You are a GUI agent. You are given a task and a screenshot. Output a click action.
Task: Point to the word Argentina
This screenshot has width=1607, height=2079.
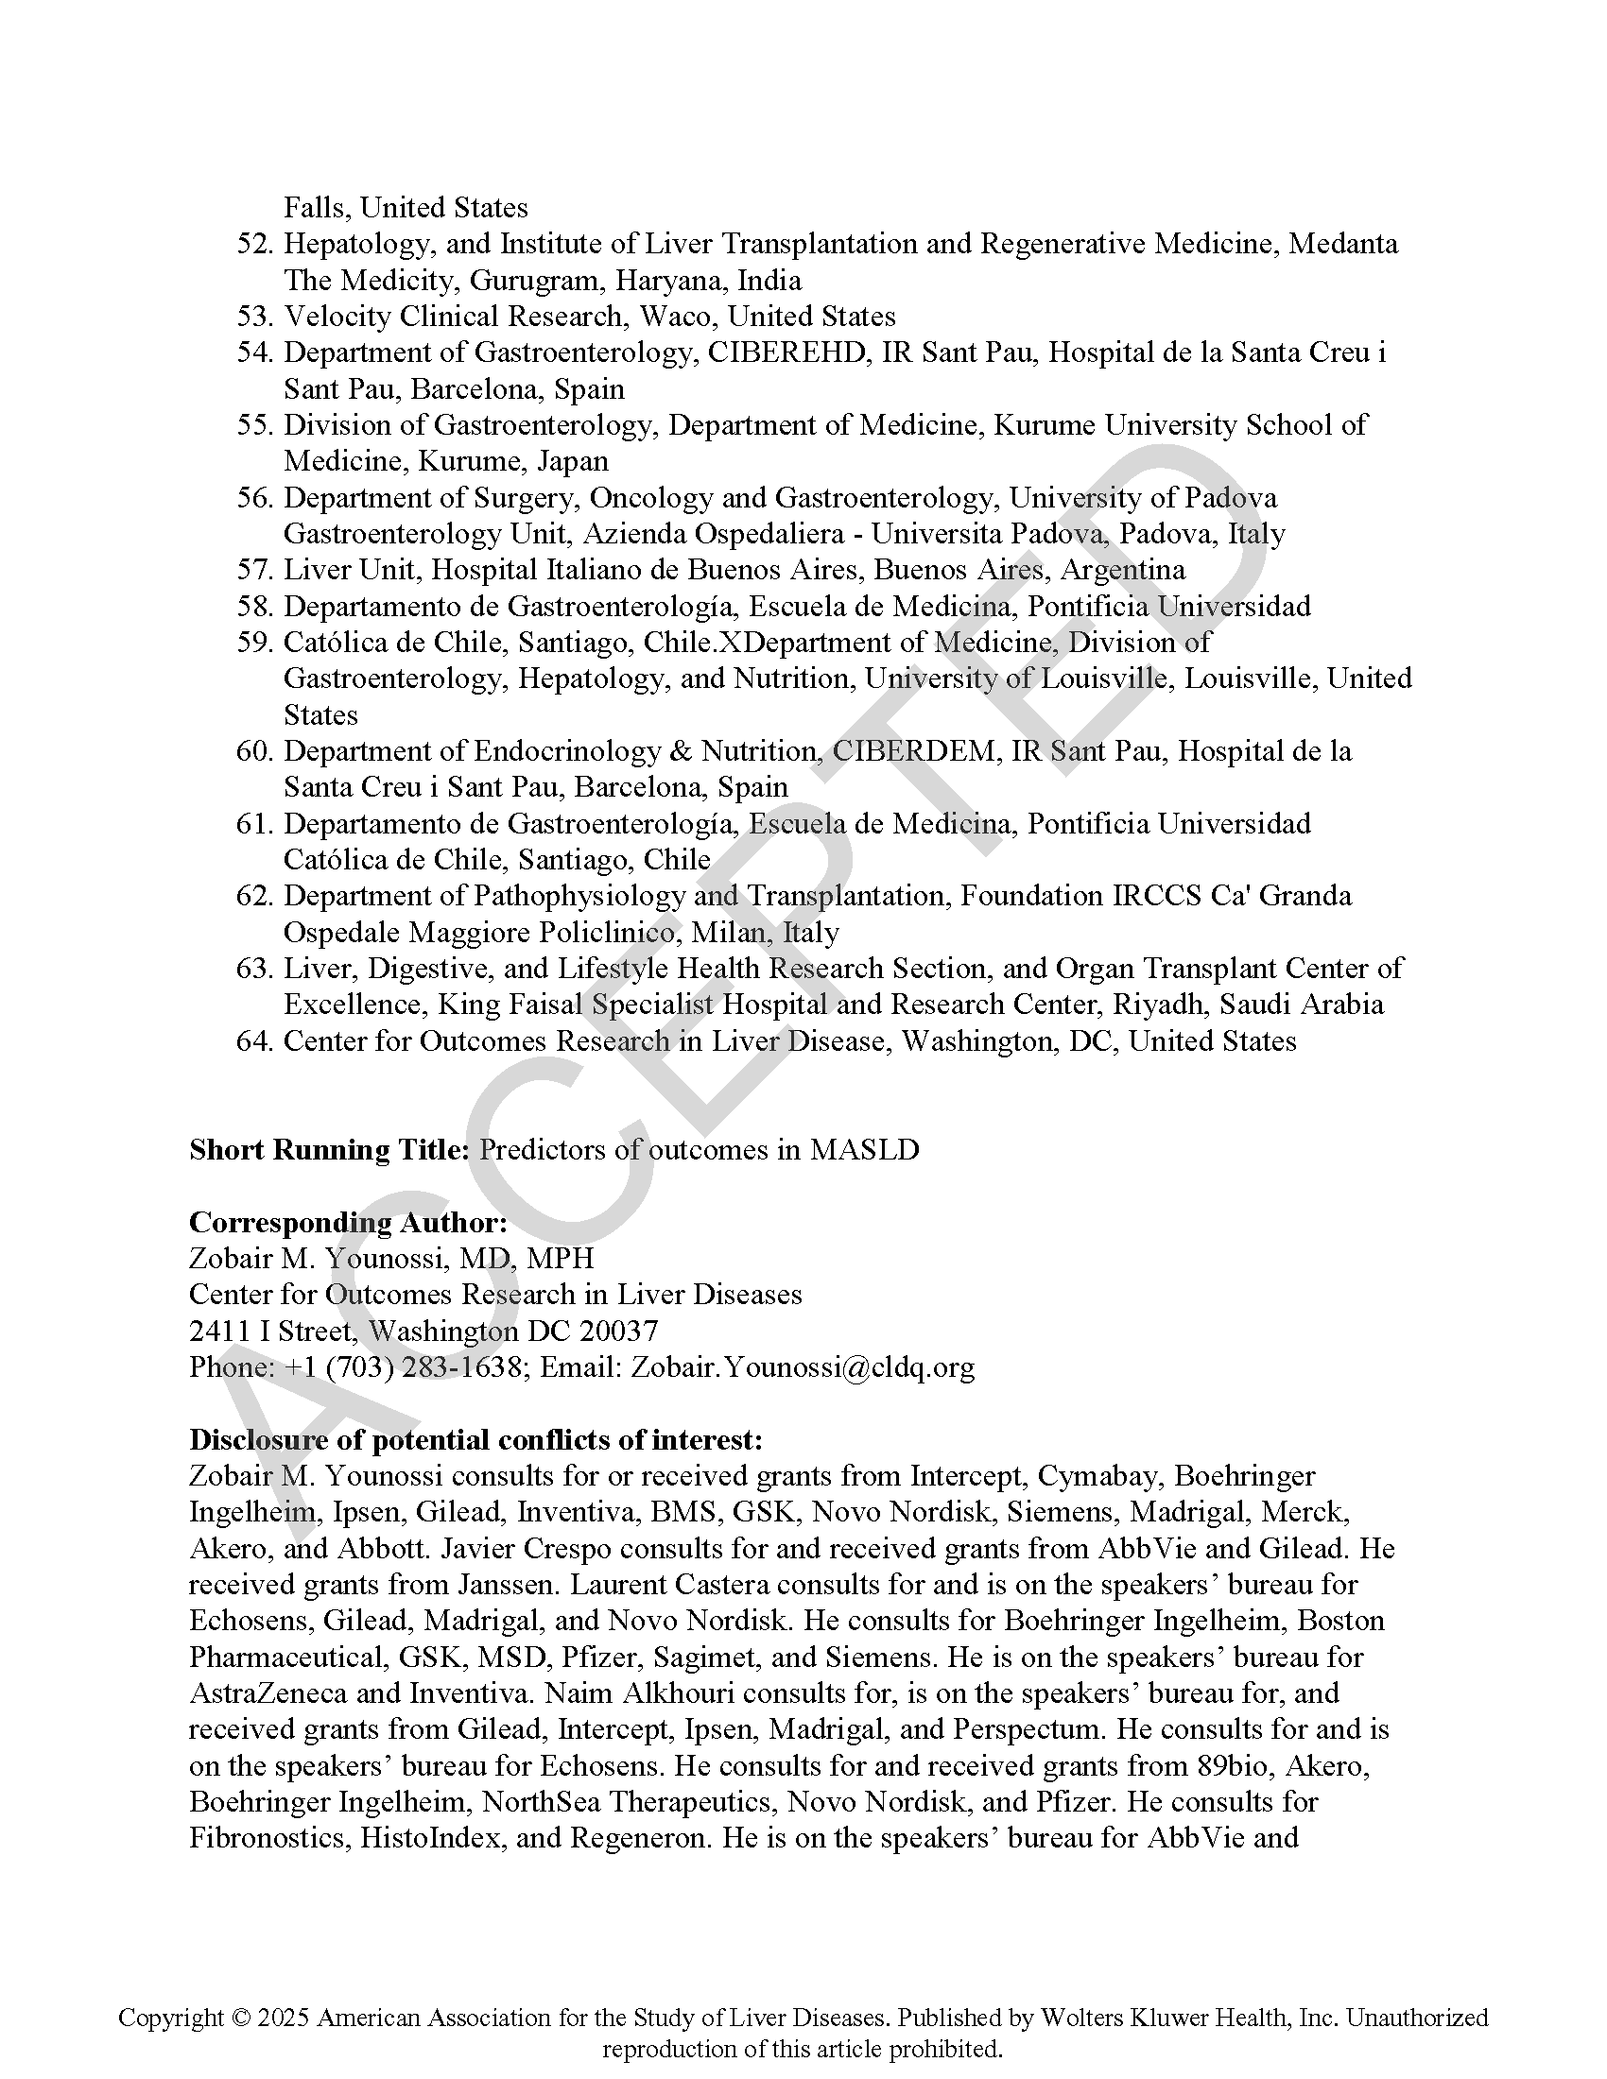pyautogui.click(x=1122, y=570)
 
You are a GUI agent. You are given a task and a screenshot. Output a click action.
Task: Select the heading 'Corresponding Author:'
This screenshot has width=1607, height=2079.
pyautogui.click(x=348, y=1223)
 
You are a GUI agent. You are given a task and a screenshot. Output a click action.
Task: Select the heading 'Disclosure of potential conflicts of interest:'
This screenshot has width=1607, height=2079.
pyautogui.click(x=475, y=1440)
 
